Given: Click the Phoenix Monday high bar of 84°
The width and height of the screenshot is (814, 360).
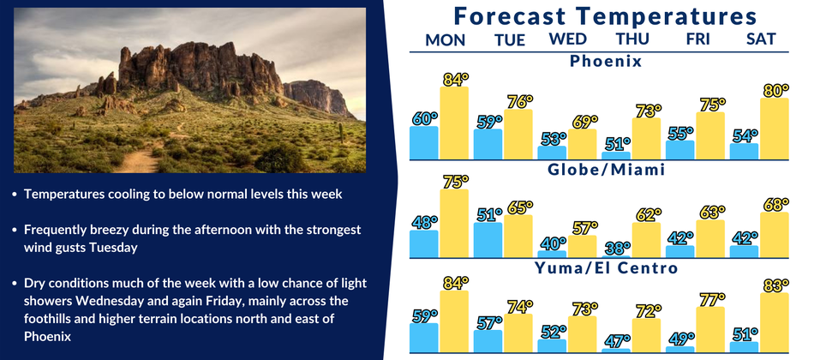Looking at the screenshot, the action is pyautogui.click(x=454, y=123).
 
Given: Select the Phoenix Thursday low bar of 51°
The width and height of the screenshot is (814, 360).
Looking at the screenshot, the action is pyautogui.click(x=616, y=155).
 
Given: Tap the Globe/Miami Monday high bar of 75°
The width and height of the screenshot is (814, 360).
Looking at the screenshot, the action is pyautogui.click(x=454, y=224).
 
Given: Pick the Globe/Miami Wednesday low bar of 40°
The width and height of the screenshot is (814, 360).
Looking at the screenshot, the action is pyautogui.click(x=552, y=254).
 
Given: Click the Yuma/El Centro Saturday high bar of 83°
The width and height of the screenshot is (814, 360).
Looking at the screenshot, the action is pyautogui.click(x=775, y=322).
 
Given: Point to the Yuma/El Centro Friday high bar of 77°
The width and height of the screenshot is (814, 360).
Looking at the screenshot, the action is pyautogui.click(x=710, y=330).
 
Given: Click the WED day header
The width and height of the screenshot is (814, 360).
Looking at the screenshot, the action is pyautogui.click(x=568, y=39).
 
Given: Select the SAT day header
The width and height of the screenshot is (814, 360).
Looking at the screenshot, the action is pyautogui.click(x=761, y=39).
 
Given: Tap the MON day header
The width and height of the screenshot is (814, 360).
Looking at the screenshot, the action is pyautogui.click(x=446, y=40).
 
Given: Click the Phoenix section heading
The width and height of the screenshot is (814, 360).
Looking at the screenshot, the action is pyautogui.click(x=606, y=62).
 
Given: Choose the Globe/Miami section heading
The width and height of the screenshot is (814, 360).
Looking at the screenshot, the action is pyautogui.click(x=607, y=170).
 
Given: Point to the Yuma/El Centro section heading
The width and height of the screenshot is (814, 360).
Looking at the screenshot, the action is pyautogui.click(x=607, y=268).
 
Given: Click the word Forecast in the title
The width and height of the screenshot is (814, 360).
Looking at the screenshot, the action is pyautogui.click(x=509, y=16).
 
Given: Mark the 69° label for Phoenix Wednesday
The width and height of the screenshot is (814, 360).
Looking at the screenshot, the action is pyautogui.click(x=583, y=122).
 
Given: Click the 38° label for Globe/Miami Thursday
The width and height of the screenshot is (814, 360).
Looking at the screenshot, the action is pyautogui.click(x=617, y=249).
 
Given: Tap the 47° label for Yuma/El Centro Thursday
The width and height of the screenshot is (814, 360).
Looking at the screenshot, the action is pyautogui.click(x=617, y=341).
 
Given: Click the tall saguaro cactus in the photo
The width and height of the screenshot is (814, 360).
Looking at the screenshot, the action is pyautogui.click(x=341, y=133).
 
